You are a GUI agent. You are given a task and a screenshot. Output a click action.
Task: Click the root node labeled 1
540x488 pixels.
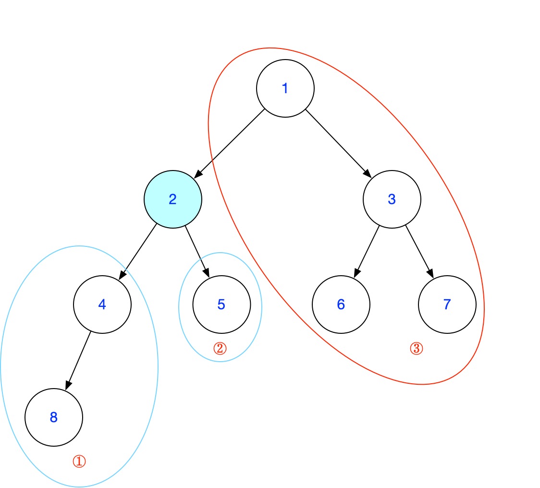(285, 88)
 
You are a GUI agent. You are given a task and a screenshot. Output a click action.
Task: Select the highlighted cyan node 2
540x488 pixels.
(173, 199)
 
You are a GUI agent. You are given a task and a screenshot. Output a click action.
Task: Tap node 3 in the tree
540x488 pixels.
(392, 199)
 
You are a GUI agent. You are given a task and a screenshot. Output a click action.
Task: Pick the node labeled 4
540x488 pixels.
(102, 304)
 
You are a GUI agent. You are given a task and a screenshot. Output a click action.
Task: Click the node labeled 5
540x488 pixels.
(221, 305)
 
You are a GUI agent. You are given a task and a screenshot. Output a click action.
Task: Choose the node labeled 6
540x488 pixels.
(341, 305)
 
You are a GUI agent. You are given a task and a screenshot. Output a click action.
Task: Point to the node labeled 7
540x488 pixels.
(447, 305)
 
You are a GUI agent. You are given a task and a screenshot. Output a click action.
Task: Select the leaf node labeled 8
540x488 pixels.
(54, 417)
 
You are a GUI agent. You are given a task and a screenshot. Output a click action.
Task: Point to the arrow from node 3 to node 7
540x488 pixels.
(419, 251)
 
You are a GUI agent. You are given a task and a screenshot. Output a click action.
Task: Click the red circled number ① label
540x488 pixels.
(79, 462)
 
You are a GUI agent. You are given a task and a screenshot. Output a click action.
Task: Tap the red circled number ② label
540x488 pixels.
(220, 348)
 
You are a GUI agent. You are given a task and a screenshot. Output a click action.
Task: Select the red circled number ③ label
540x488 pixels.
(417, 349)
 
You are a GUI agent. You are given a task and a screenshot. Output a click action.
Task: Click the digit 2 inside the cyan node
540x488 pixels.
(173, 199)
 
